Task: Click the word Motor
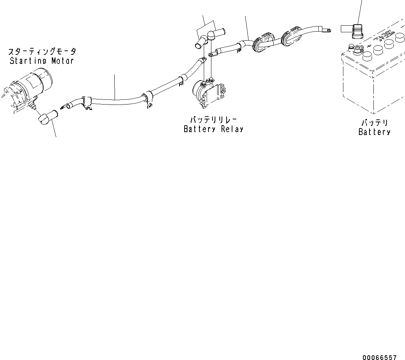[x=62, y=61]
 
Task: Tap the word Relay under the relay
[x=230, y=129]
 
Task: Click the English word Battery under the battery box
[x=374, y=132]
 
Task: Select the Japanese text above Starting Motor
[x=42, y=51]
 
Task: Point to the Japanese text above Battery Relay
[x=213, y=120]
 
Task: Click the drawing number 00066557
[x=380, y=357]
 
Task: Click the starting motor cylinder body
[x=34, y=82]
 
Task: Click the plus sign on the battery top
[x=368, y=46]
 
